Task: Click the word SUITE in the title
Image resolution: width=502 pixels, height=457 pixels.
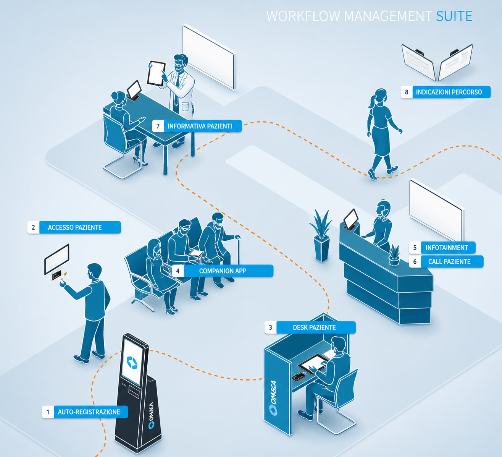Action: coord(454,16)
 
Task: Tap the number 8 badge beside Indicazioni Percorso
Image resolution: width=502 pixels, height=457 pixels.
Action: coord(407,92)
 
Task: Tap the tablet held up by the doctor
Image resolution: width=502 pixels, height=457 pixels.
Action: coord(157,73)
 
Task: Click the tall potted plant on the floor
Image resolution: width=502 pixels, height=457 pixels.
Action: coord(321,235)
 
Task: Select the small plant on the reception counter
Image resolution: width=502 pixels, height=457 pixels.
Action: coord(394,255)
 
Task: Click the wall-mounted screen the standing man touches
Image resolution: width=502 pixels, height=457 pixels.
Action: coord(57,259)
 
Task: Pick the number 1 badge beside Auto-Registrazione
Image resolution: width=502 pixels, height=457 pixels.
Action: coord(48,412)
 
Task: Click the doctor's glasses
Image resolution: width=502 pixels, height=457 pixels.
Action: coord(178,65)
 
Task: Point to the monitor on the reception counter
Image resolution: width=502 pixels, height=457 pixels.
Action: coord(351,219)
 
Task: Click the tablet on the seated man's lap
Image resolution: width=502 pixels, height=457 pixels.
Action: coord(197,254)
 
